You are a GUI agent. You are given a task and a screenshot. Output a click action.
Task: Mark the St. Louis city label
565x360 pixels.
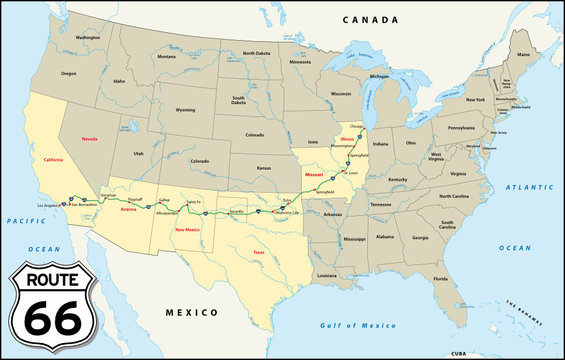click(351, 172)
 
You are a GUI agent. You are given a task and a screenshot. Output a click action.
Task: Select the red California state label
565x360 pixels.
click(52, 159)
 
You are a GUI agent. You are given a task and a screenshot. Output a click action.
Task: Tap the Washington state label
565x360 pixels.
click(88, 38)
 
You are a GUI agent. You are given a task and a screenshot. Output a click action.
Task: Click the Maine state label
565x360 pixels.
click(523, 56)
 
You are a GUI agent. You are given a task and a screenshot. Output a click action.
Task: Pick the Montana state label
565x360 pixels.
click(166, 56)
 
